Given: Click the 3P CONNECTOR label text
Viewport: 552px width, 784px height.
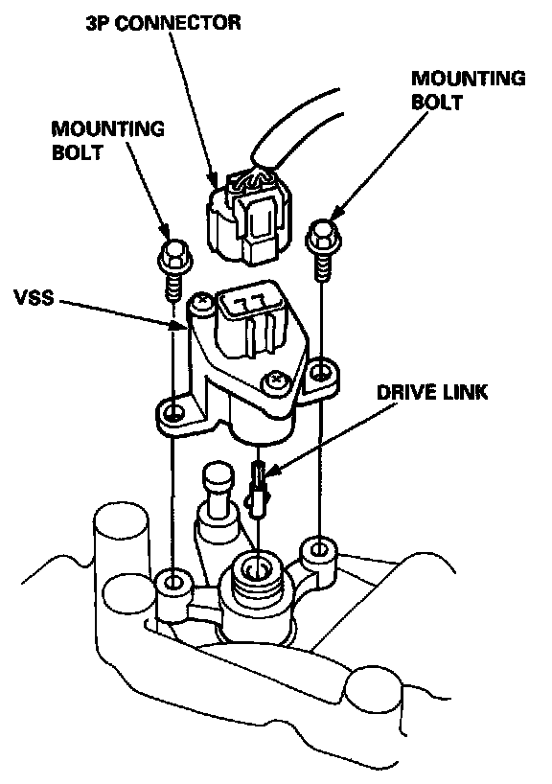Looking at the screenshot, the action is (164, 22).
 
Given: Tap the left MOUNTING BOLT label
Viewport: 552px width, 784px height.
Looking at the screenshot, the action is (107, 140).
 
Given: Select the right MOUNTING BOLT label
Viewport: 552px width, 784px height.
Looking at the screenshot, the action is (469, 90).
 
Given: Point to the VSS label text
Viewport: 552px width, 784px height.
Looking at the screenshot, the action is (34, 297).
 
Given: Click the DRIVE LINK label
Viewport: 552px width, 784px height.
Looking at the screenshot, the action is (432, 392).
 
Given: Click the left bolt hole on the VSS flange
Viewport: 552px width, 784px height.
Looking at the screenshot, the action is (174, 412).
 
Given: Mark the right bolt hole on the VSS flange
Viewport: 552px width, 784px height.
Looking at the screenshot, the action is (319, 371).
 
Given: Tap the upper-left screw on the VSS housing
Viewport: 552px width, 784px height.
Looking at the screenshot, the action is (203, 302).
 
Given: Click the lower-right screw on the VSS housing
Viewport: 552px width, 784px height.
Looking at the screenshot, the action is (275, 382).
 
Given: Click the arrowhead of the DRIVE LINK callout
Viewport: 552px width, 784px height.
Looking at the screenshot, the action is (271, 471).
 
